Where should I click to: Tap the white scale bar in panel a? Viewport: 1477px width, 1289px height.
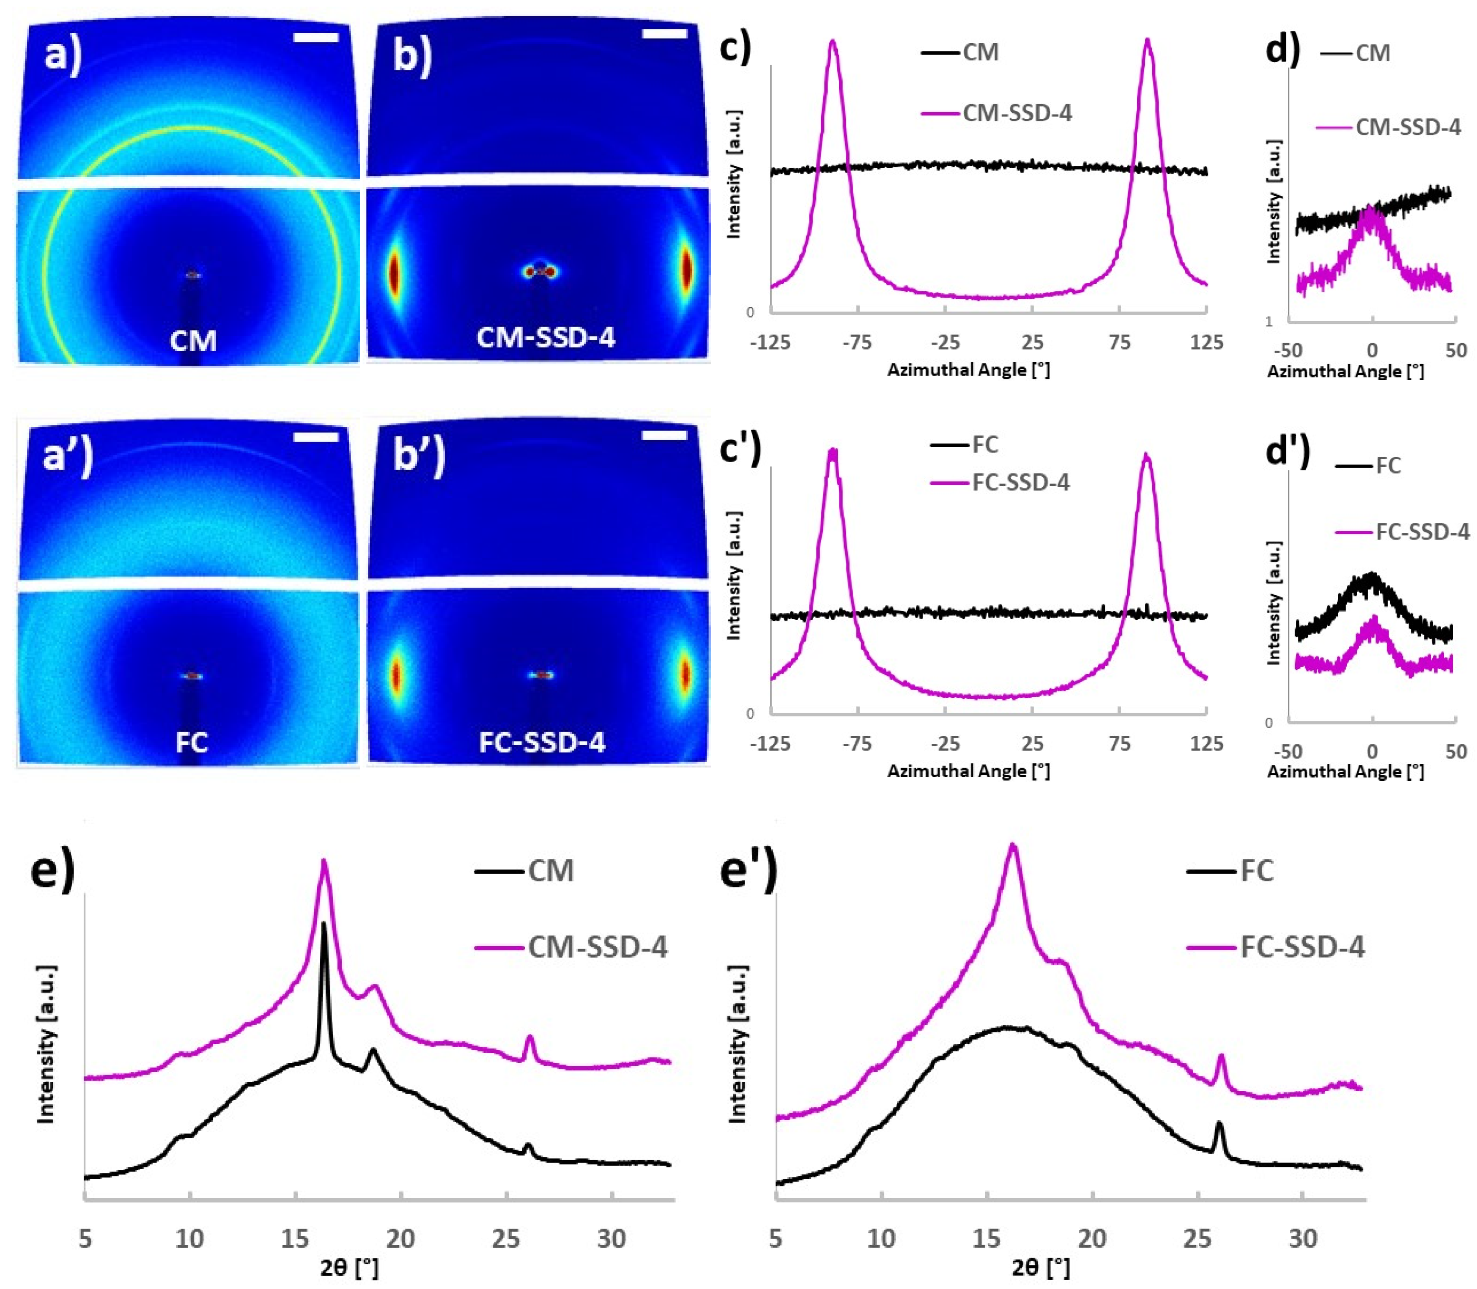316,37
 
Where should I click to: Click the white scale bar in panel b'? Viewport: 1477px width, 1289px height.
664,435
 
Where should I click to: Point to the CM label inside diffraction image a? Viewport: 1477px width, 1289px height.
193,340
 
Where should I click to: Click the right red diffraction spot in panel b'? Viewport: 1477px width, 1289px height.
685,674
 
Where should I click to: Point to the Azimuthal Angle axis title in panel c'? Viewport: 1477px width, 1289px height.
968,771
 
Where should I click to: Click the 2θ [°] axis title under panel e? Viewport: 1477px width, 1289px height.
349,1268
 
